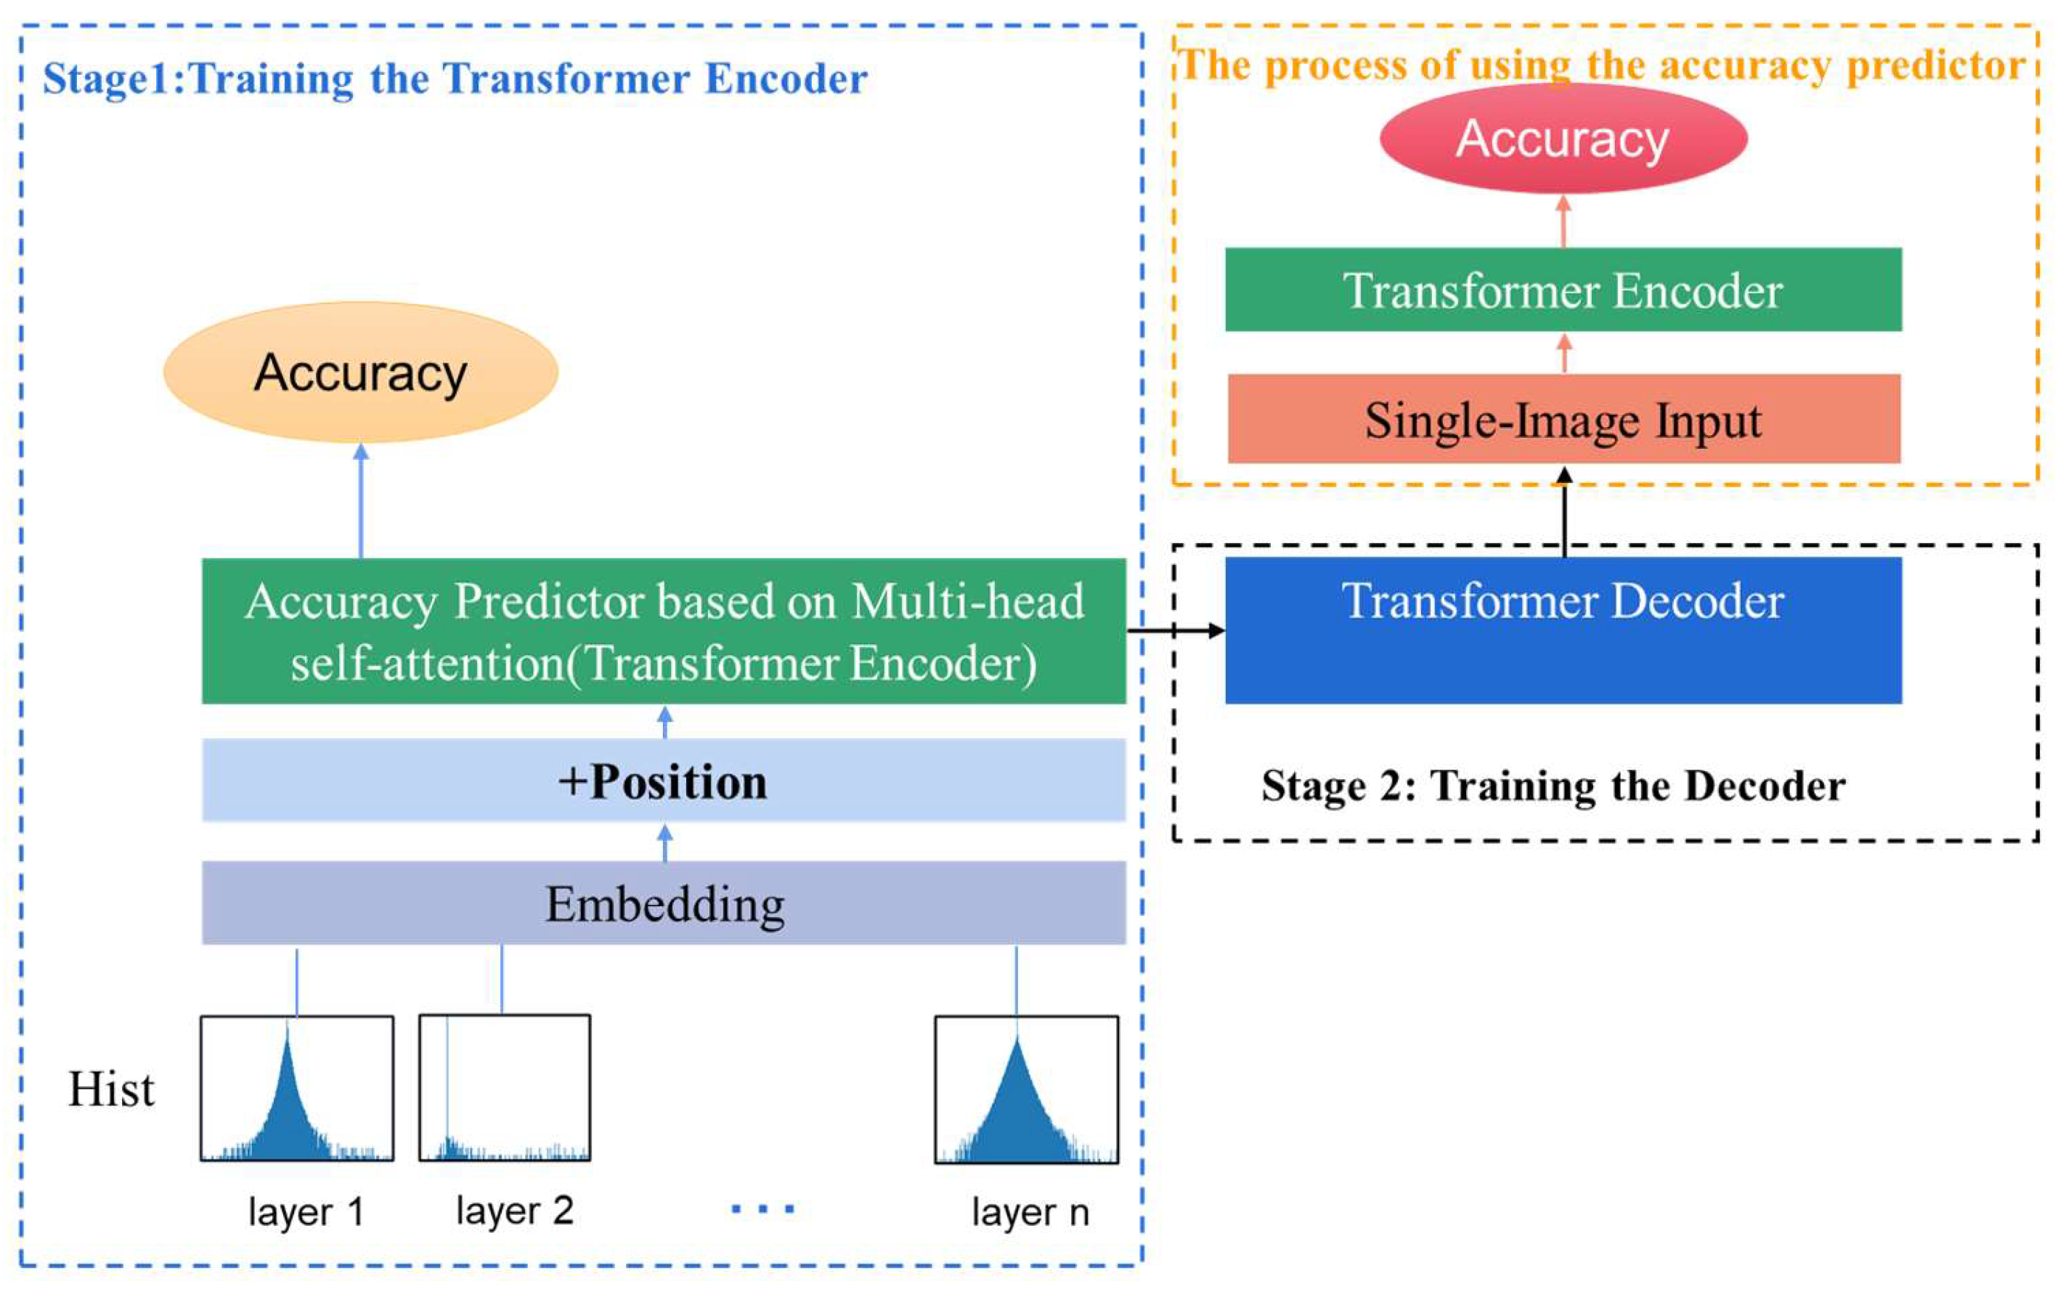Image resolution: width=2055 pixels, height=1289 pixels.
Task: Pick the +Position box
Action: pyautogui.click(x=663, y=780)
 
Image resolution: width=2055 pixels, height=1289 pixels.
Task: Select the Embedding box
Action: pyautogui.click(x=663, y=903)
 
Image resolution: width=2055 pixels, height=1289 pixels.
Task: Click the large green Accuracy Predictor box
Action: pyautogui.click(x=663, y=631)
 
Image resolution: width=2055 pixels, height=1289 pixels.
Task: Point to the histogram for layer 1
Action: pyautogui.click(x=296, y=1089)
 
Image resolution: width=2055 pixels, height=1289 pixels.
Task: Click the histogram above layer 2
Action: pyautogui.click(x=505, y=1089)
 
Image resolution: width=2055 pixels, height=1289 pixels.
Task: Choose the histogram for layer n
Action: pyautogui.click(x=1025, y=1090)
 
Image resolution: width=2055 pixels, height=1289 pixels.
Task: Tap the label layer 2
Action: pyautogui.click(x=514, y=1211)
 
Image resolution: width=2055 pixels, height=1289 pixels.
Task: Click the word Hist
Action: pyautogui.click(x=112, y=1089)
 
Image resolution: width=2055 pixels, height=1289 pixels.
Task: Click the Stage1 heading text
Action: pyautogui.click(x=455, y=79)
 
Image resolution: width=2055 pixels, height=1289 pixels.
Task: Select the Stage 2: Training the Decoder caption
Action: pyautogui.click(x=1553, y=786)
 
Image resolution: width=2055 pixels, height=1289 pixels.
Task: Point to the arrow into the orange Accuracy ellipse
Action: pyautogui.click(x=361, y=501)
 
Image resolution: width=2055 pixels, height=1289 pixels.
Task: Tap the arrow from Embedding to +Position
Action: pyautogui.click(x=666, y=842)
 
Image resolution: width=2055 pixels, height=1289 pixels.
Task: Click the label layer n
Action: pyautogui.click(x=1030, y=1212)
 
